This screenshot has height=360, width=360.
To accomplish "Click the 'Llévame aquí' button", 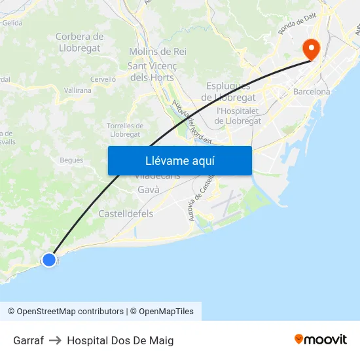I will click(179, 160).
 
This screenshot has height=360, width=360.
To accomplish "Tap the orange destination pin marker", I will click(310, 48).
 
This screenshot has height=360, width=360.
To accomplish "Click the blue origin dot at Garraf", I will click(49, 260).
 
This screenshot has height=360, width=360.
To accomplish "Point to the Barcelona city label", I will click(312, 92).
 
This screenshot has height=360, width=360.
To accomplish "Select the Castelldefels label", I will click(126, 213).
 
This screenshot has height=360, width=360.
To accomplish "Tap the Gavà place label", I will click(149, 190).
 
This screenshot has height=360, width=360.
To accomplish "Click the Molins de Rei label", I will click(158, 51).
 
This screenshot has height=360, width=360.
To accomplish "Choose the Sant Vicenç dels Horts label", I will click(151, 71).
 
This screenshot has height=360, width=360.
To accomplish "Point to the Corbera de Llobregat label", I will click(80, 42).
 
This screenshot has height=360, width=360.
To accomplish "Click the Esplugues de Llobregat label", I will click(228, 92).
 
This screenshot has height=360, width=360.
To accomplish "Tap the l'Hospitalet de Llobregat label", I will click(238, 116).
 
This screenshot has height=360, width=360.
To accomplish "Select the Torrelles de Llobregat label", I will click(125, 130).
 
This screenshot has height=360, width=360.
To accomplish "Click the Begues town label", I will click(71, 160).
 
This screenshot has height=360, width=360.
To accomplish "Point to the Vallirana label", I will click(78, 91).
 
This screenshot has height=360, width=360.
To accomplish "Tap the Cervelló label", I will click(103, 79).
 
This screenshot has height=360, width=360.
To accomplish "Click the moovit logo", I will click(321, 339).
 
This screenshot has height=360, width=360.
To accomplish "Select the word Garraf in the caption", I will click(28, 340).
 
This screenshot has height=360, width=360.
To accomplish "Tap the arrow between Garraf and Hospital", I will click(55, 340).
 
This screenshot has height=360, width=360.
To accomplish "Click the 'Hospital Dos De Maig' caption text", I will click(120, 340).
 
